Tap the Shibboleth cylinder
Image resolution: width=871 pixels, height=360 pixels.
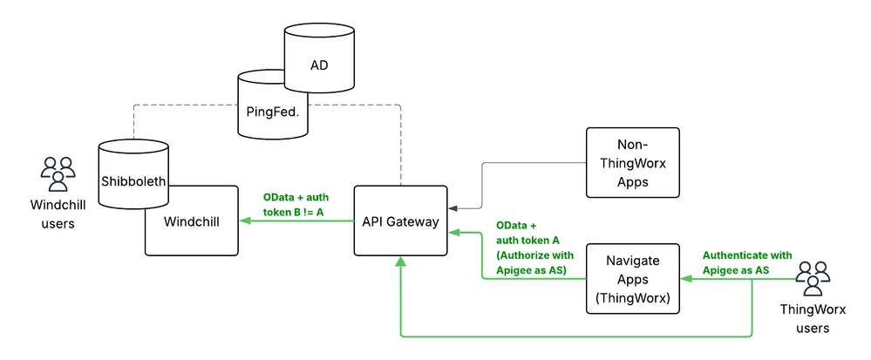click(133, 181)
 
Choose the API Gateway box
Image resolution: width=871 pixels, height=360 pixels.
click(400, 221)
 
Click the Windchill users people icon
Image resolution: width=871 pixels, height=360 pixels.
click(58, 173)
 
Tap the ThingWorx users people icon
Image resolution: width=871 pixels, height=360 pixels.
click(813, 278)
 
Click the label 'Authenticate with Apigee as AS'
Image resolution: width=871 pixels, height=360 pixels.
click(747, 262)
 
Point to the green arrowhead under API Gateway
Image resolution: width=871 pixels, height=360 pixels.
click(400, 262)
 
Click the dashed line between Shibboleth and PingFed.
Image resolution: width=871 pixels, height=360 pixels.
click(183, 107)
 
